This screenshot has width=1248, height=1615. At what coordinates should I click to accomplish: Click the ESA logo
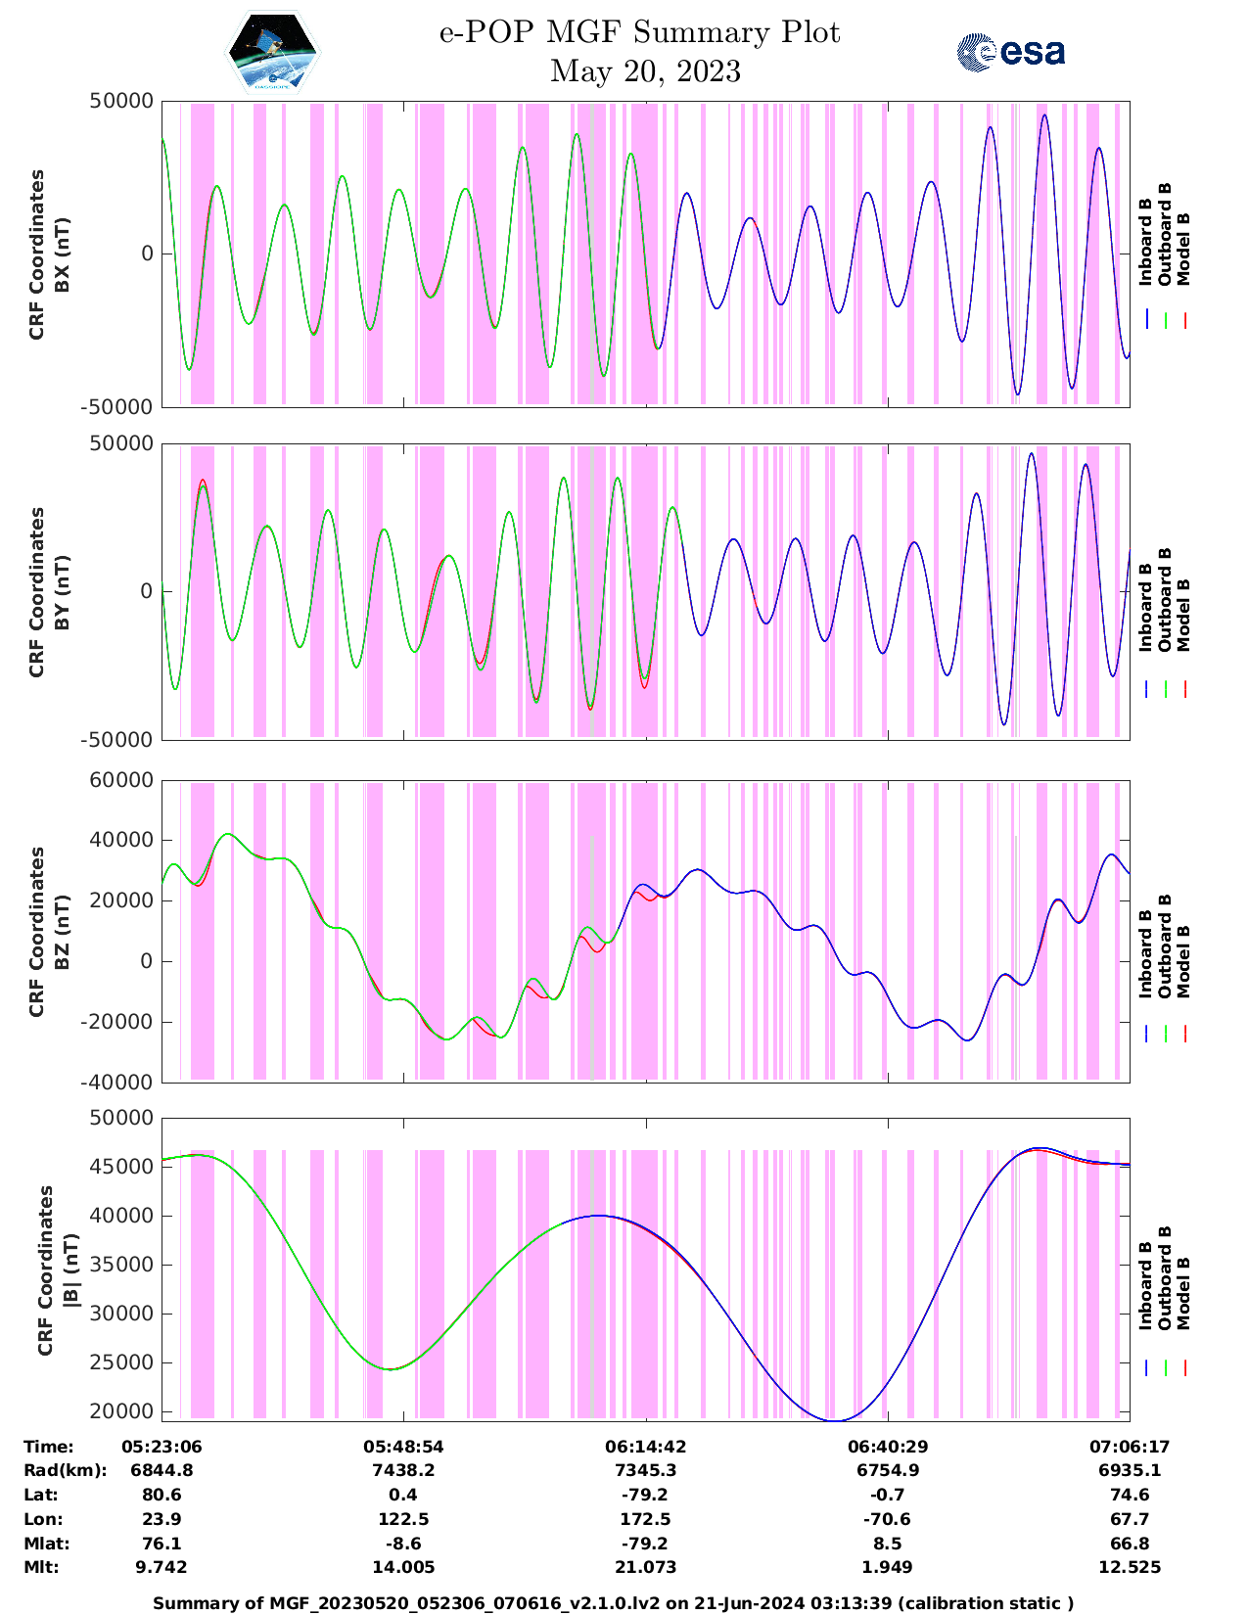click(x=1010, y=52)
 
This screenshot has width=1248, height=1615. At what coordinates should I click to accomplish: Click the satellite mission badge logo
click(x=272, y=52)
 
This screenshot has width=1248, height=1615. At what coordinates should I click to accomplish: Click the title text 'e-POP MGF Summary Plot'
click(x=639, y=32)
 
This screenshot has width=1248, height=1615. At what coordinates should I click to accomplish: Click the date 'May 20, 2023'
click(x=645, y=71)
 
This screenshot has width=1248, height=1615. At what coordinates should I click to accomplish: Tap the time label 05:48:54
click(x=403, y=1447)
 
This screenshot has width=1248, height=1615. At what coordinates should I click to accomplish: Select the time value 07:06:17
click(x=1130, y=1447)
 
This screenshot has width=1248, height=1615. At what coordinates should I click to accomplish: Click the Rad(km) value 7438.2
click(x=403, y=1470)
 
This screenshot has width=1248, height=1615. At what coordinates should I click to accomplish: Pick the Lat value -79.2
click(x=645, y=1495)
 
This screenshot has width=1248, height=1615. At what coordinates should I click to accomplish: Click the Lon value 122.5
click(x=403, y=1519)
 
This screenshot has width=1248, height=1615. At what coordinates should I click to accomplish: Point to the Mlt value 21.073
click(x=645, y=1567)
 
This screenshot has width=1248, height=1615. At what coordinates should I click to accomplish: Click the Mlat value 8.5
click(x=887, y=1544)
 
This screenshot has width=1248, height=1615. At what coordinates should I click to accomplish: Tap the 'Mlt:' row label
click(x=41, y=1567)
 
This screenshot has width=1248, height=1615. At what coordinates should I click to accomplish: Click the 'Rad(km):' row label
click(x=65, y=1470)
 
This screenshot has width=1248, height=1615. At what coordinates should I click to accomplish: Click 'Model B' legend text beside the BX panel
click(x=1183, y=249)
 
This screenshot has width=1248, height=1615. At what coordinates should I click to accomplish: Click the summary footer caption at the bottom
click(x=614, y=1603)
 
